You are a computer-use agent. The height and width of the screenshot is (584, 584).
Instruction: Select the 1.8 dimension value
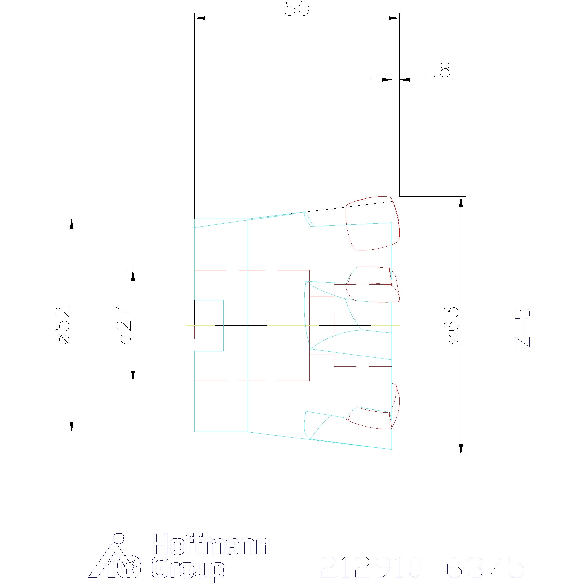[x=436, y=70]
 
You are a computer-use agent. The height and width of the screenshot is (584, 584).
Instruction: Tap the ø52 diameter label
[x=65, y=326]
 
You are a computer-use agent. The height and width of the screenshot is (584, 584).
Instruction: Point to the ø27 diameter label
[x=126, y=326]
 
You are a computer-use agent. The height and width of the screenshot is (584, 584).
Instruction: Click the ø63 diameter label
[x=454, y=326]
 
